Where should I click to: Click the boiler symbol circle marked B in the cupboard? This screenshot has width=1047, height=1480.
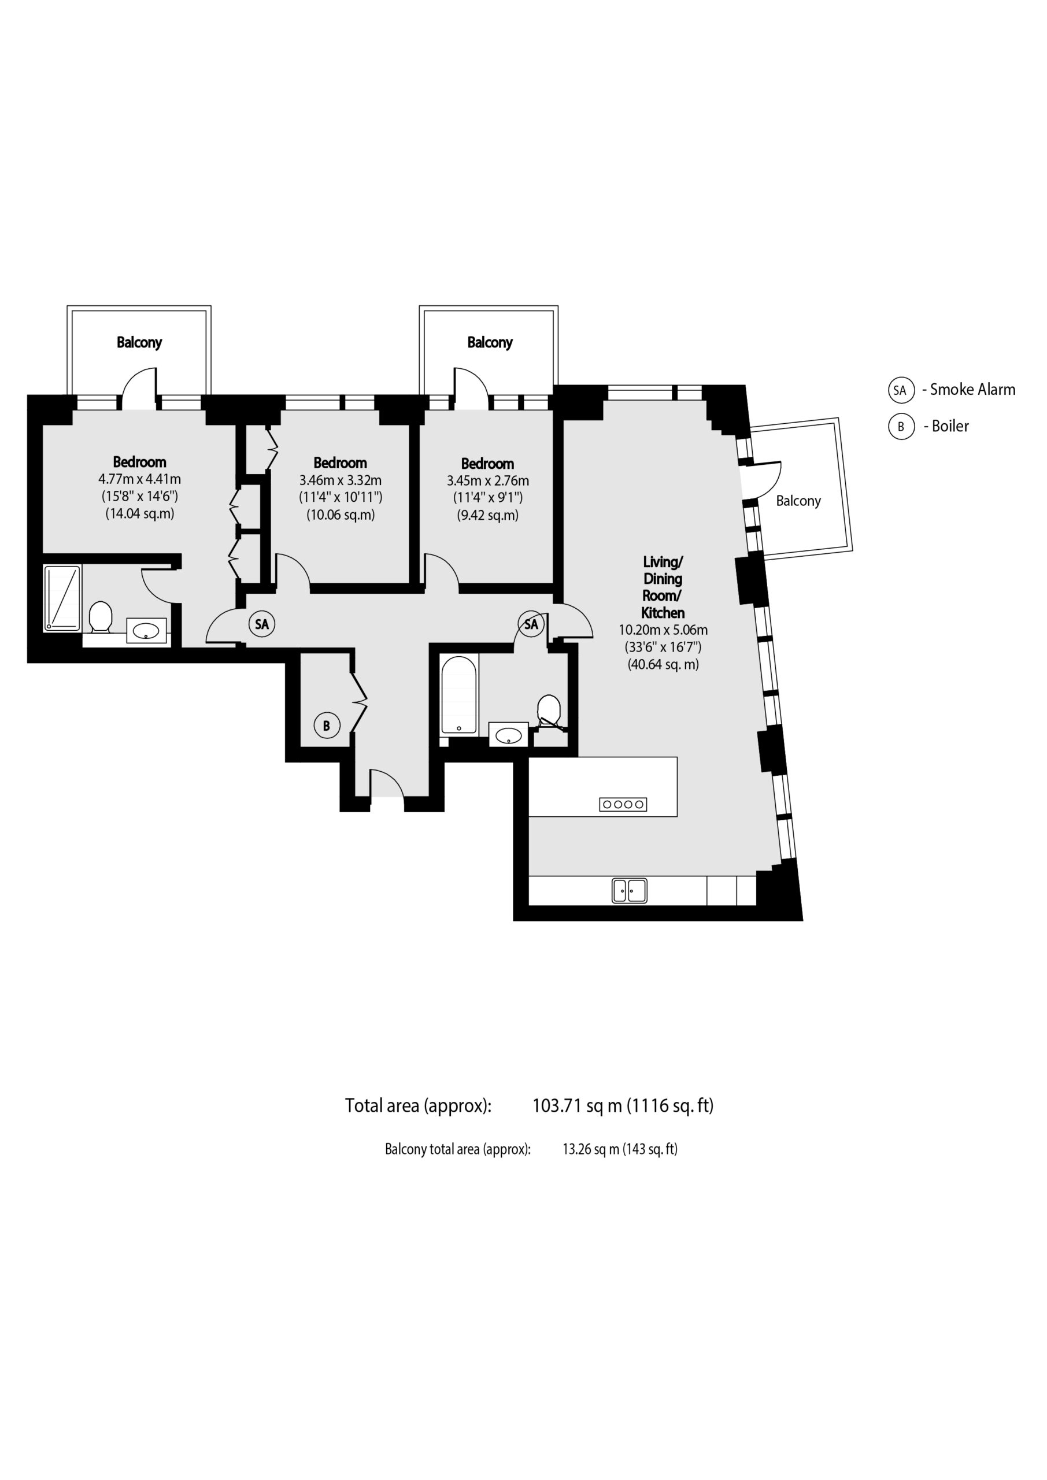click(326, 726)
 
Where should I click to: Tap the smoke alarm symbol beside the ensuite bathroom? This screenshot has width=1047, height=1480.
click(262, 624)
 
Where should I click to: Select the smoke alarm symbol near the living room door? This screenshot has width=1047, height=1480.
click(531, 624)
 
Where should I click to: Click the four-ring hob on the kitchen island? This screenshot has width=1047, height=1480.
click(623, 804)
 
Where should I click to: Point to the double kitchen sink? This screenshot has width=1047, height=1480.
click(629, 891)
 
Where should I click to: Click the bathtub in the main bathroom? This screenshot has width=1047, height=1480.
click(459, 695)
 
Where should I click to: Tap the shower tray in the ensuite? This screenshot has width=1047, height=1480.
click(62, 598)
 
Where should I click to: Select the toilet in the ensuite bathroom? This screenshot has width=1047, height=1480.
click(101, 617)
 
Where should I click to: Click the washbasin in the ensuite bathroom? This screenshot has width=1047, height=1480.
click(146, 630)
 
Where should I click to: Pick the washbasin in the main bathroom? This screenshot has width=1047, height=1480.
click(509, 735)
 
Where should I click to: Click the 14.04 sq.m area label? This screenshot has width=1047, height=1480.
click(140, 514)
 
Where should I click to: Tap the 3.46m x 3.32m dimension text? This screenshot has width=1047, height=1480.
click(341, 480)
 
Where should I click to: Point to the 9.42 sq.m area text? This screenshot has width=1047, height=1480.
click(488, 515)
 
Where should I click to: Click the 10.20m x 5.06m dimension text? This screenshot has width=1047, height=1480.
click(663, 630)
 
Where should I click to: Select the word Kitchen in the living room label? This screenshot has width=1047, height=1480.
click(663, 613)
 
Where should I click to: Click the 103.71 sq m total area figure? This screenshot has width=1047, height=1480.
click(577, 1106)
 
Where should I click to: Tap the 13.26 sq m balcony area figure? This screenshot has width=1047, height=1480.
click(591, 1149)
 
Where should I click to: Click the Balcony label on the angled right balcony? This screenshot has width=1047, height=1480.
click(798, 501)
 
